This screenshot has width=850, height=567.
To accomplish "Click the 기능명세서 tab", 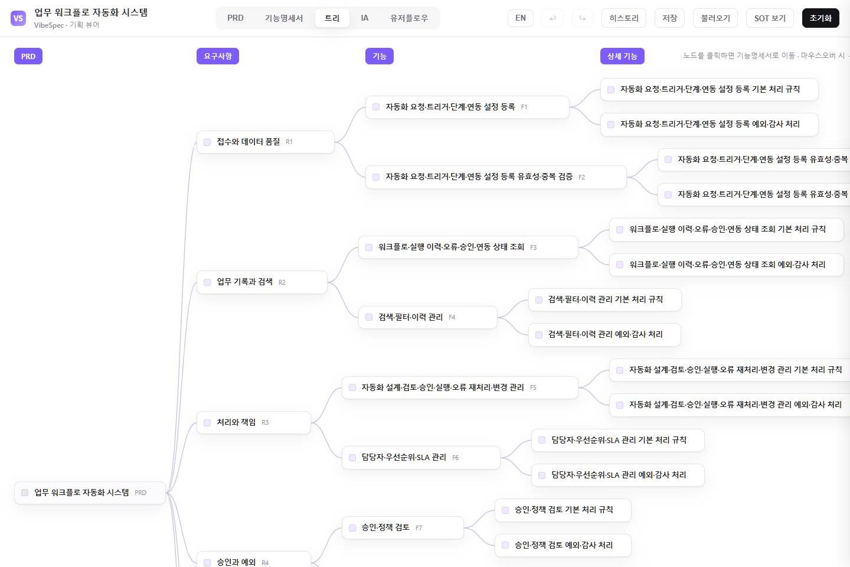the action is [x=283, y=18].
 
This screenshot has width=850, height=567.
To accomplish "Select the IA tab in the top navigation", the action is [x=364, y=18].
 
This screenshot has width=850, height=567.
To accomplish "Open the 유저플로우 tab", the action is [x=408, y=18].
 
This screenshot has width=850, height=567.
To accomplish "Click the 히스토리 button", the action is [x=624, y=18].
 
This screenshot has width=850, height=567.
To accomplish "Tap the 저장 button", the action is [x=669, y=18].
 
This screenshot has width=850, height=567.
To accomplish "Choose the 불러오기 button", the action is [x=715, y=18].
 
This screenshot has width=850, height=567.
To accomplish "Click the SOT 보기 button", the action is [x=770, y=18].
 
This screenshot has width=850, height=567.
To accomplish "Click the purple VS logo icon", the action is [x=18, y=18].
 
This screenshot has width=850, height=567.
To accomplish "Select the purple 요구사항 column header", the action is [x=217, y=56].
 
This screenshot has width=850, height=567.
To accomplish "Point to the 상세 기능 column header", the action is [x=622, y=56].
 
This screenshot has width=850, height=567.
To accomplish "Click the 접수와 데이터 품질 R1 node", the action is [x=265, y=142].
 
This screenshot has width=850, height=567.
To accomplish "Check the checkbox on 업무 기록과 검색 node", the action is [x=207, y=282].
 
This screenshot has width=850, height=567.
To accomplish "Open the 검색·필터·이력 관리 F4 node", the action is [x=427, y=317].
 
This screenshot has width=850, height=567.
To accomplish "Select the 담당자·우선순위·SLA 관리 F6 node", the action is [x=421, y=458].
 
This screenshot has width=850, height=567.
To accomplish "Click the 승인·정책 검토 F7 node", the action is [x=403, y=527].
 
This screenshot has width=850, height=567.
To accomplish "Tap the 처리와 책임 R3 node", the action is [x=253, y=422].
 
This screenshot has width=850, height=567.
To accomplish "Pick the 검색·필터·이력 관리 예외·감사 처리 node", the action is [x=604, y=334].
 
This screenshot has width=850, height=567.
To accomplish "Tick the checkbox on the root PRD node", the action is [x=25, y=493].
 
